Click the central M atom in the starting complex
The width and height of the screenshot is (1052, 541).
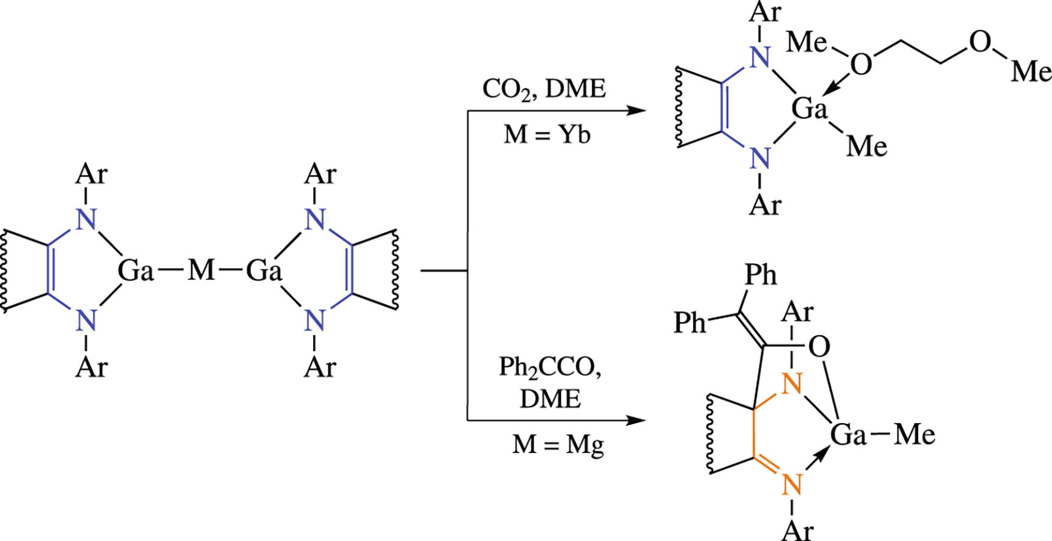point(201,270)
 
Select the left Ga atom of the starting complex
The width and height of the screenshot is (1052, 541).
point(136,270)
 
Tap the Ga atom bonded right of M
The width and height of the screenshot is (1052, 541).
point(264,270)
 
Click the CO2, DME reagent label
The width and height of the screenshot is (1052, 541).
point(543,90)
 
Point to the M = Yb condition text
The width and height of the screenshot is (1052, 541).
point(547,134)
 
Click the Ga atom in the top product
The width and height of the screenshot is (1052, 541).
point(810,109)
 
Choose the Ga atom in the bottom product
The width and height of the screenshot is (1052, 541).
point(848,436)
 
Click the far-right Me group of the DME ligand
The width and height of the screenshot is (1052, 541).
point(1031,72)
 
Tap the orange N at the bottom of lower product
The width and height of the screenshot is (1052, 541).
point(792,485)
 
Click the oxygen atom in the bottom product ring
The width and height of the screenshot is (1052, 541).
point(819,347)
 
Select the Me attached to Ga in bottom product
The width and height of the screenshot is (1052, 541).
point(914,436)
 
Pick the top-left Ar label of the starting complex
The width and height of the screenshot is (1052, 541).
point(91,175)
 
